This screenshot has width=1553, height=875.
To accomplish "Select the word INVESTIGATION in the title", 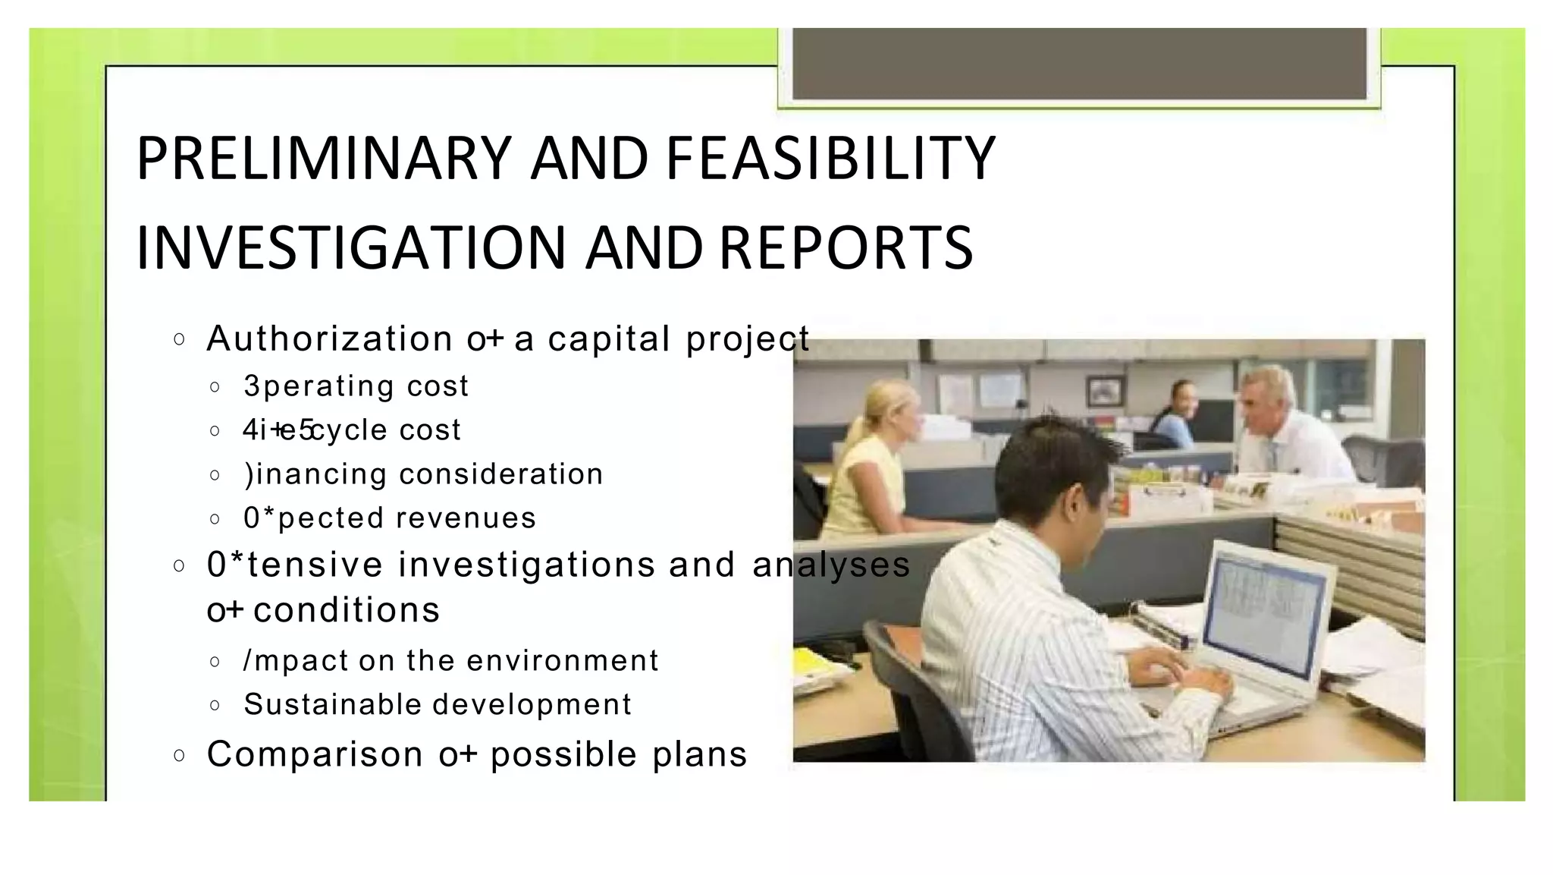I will [x=351, y=248].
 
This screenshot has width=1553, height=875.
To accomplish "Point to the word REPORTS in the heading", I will [x=846, y=248].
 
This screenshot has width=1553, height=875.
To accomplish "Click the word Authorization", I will [x=330, y=338].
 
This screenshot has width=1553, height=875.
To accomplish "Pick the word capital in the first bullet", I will [x=609, y=338].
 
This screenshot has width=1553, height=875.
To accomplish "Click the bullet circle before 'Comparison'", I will [x=179, y=755].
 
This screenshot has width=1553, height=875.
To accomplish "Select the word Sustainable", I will [x=333, y=704].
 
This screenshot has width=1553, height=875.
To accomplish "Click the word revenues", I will [x=466, y=518].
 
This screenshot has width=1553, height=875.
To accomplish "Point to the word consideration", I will [x=500, y=474].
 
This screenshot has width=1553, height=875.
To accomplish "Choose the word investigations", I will [x=526, y=565].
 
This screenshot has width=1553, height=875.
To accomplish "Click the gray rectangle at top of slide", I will [x=1078, y=64].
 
